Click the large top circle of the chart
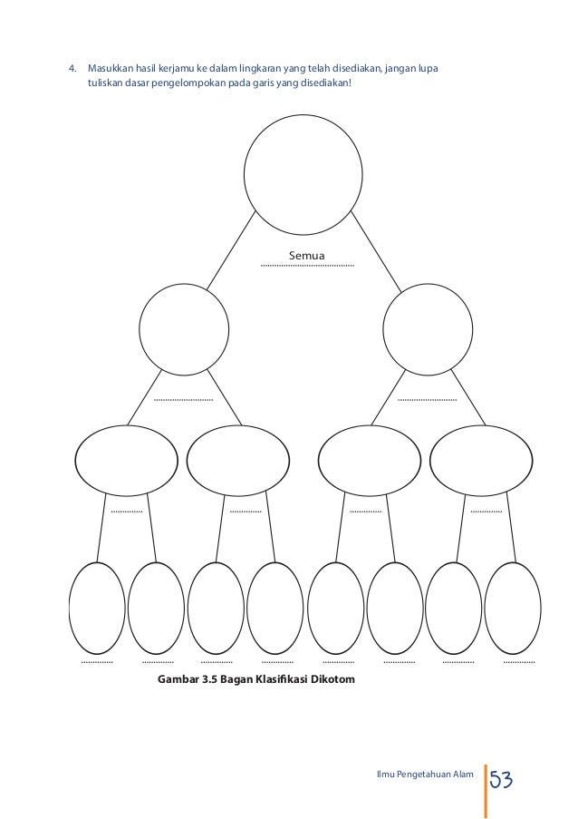303,171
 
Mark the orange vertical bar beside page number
486,789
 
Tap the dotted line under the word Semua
307,266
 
